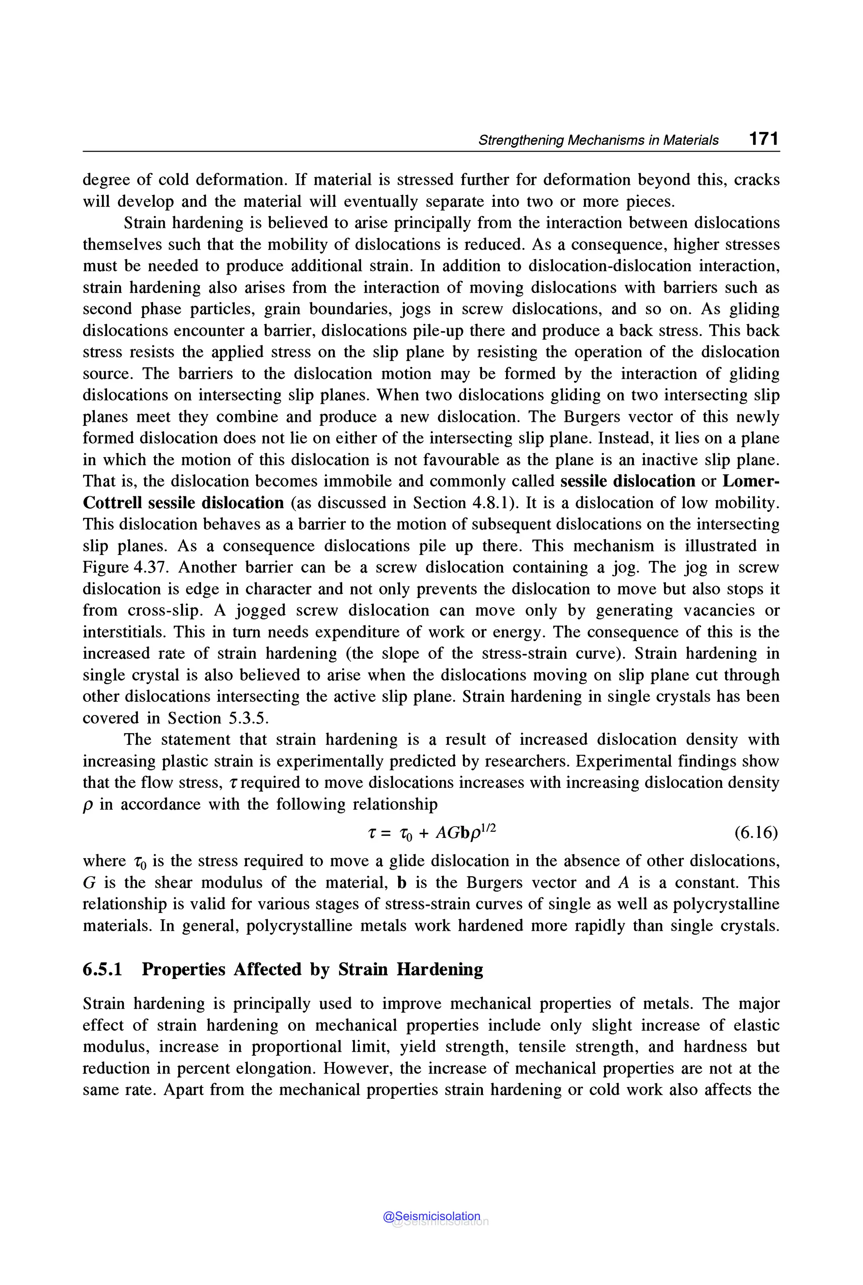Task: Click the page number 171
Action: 764,139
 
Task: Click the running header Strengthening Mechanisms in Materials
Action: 598,140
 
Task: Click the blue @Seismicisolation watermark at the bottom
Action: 431,1216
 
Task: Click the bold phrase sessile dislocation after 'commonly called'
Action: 627,482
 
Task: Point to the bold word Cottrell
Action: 112,503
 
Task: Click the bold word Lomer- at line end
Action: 751,482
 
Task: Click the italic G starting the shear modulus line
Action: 89,883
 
